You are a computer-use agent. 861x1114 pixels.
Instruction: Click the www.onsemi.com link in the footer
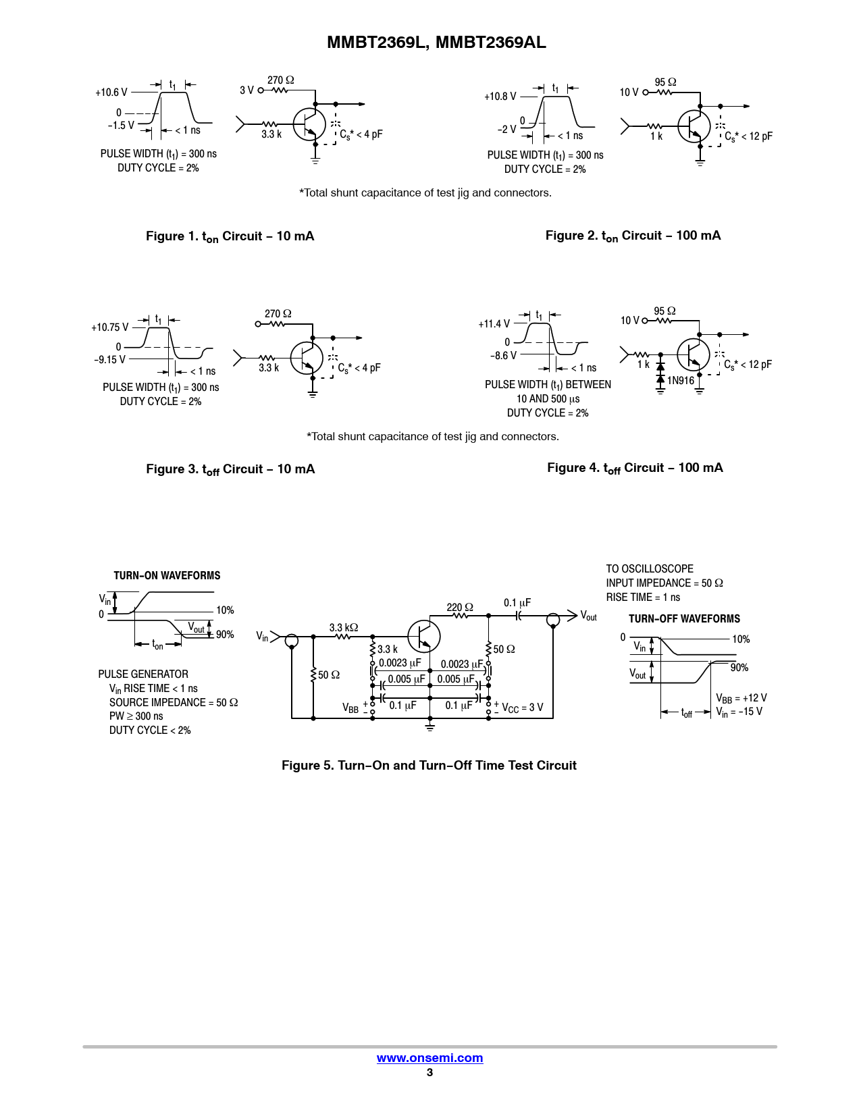[429, 1058]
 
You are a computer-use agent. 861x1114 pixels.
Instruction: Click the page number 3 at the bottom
[429, 1072]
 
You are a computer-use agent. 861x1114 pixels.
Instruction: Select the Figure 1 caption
[230, 236]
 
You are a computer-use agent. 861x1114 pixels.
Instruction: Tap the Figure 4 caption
[635, 468]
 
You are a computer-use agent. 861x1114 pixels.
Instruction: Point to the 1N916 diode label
[681, 381]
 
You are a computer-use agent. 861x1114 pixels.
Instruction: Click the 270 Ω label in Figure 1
[280, 80]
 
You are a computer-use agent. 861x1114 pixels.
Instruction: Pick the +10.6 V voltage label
[111, 92]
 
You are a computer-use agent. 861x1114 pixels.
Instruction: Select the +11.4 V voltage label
[494, 324]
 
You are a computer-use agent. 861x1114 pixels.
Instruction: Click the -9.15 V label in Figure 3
[109, 360]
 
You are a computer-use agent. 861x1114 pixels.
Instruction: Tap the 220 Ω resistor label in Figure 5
[459, 608]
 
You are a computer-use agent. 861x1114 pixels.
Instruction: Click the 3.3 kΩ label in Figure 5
[343, 628]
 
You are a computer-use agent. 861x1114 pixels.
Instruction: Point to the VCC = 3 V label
[522, 708]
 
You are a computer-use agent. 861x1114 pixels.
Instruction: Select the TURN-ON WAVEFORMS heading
[167, 576]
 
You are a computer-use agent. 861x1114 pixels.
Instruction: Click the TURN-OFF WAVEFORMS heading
[684, 619]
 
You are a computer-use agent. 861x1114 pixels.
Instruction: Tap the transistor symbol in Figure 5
[424, 636]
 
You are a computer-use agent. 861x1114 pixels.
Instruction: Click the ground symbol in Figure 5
[430, 726]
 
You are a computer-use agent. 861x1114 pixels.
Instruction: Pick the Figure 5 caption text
[429, 766]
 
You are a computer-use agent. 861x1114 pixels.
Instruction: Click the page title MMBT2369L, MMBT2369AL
[436, 43]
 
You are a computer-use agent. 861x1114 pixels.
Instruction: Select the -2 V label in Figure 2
[506, 130]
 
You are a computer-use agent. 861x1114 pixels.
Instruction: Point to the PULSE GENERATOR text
[143, 674]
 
